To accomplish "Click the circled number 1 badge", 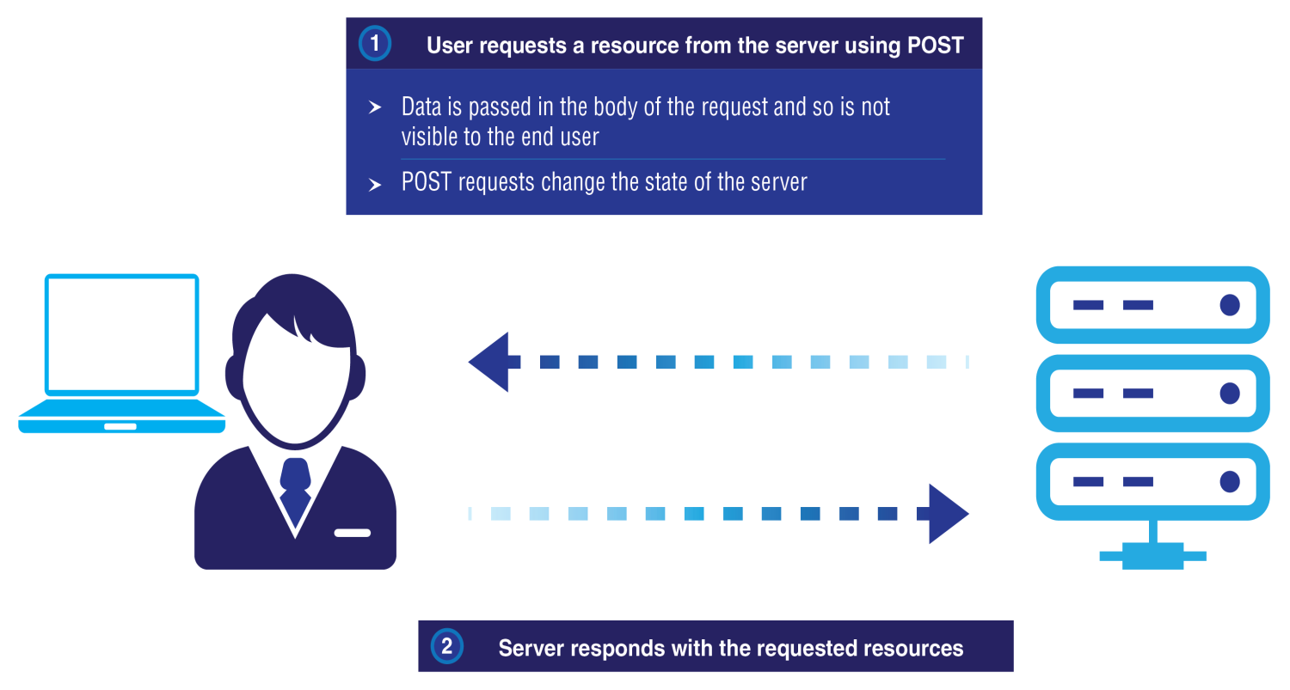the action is pos(375,43).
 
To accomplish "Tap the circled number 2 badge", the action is pos(447,646).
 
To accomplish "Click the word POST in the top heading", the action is pos(936,46).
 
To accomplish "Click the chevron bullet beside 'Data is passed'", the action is pos(375,107).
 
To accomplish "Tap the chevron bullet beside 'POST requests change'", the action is pos(375,185).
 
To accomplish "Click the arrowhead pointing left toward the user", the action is pos(489,362).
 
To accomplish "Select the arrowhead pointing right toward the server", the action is pos(949,514).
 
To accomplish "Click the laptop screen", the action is pos(122,334).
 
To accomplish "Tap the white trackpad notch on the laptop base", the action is pos(120,426).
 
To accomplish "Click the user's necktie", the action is pos(296,492).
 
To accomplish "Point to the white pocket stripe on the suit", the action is pos(353,533).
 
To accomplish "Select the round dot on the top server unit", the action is pos(1230,305).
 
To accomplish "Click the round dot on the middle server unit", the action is pos(1230,394).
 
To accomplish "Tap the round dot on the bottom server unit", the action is pos(1230,482).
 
